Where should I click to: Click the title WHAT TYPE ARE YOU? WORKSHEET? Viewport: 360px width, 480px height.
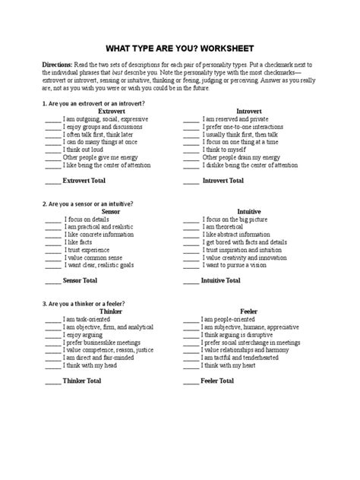tap(179, 46)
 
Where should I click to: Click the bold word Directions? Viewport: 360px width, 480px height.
tap(58, 67)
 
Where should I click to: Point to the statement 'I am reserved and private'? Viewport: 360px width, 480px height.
tap(236, 119)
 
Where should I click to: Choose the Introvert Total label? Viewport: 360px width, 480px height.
tap(222, 180)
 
